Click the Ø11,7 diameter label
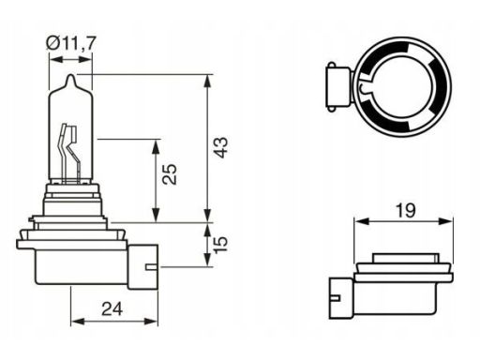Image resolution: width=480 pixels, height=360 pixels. (70, 43)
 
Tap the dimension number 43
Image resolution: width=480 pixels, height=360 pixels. (221, 147)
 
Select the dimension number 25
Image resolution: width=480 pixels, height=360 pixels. (171, 174)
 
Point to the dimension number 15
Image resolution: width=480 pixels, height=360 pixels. (221, 245)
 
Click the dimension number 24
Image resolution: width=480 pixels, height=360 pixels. (112, 309)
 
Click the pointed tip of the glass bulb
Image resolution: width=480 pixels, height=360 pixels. (71, 75)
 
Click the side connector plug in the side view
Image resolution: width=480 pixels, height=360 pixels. (143, 266)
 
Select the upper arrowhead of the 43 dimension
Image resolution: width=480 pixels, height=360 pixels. (207, 81)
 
